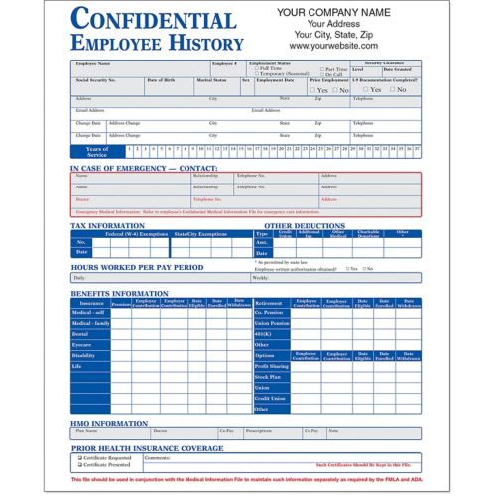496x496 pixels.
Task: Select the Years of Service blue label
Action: (x=97, y=150)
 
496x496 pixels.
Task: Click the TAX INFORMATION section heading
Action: (x=108, y=225)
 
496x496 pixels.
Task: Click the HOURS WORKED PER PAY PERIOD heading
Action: (x=137, y=267)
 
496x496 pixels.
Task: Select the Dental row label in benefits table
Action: (x=82, y=334)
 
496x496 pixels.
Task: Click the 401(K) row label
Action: (x=265, y=334)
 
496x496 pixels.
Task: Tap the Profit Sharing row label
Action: (x=270, y=366)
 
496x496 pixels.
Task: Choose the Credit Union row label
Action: (x=268, y=398)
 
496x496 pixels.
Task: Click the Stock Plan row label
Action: (x=267, y=377)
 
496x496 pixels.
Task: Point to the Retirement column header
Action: (x=269, y=302)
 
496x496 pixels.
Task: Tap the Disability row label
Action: (x=84, y=355)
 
